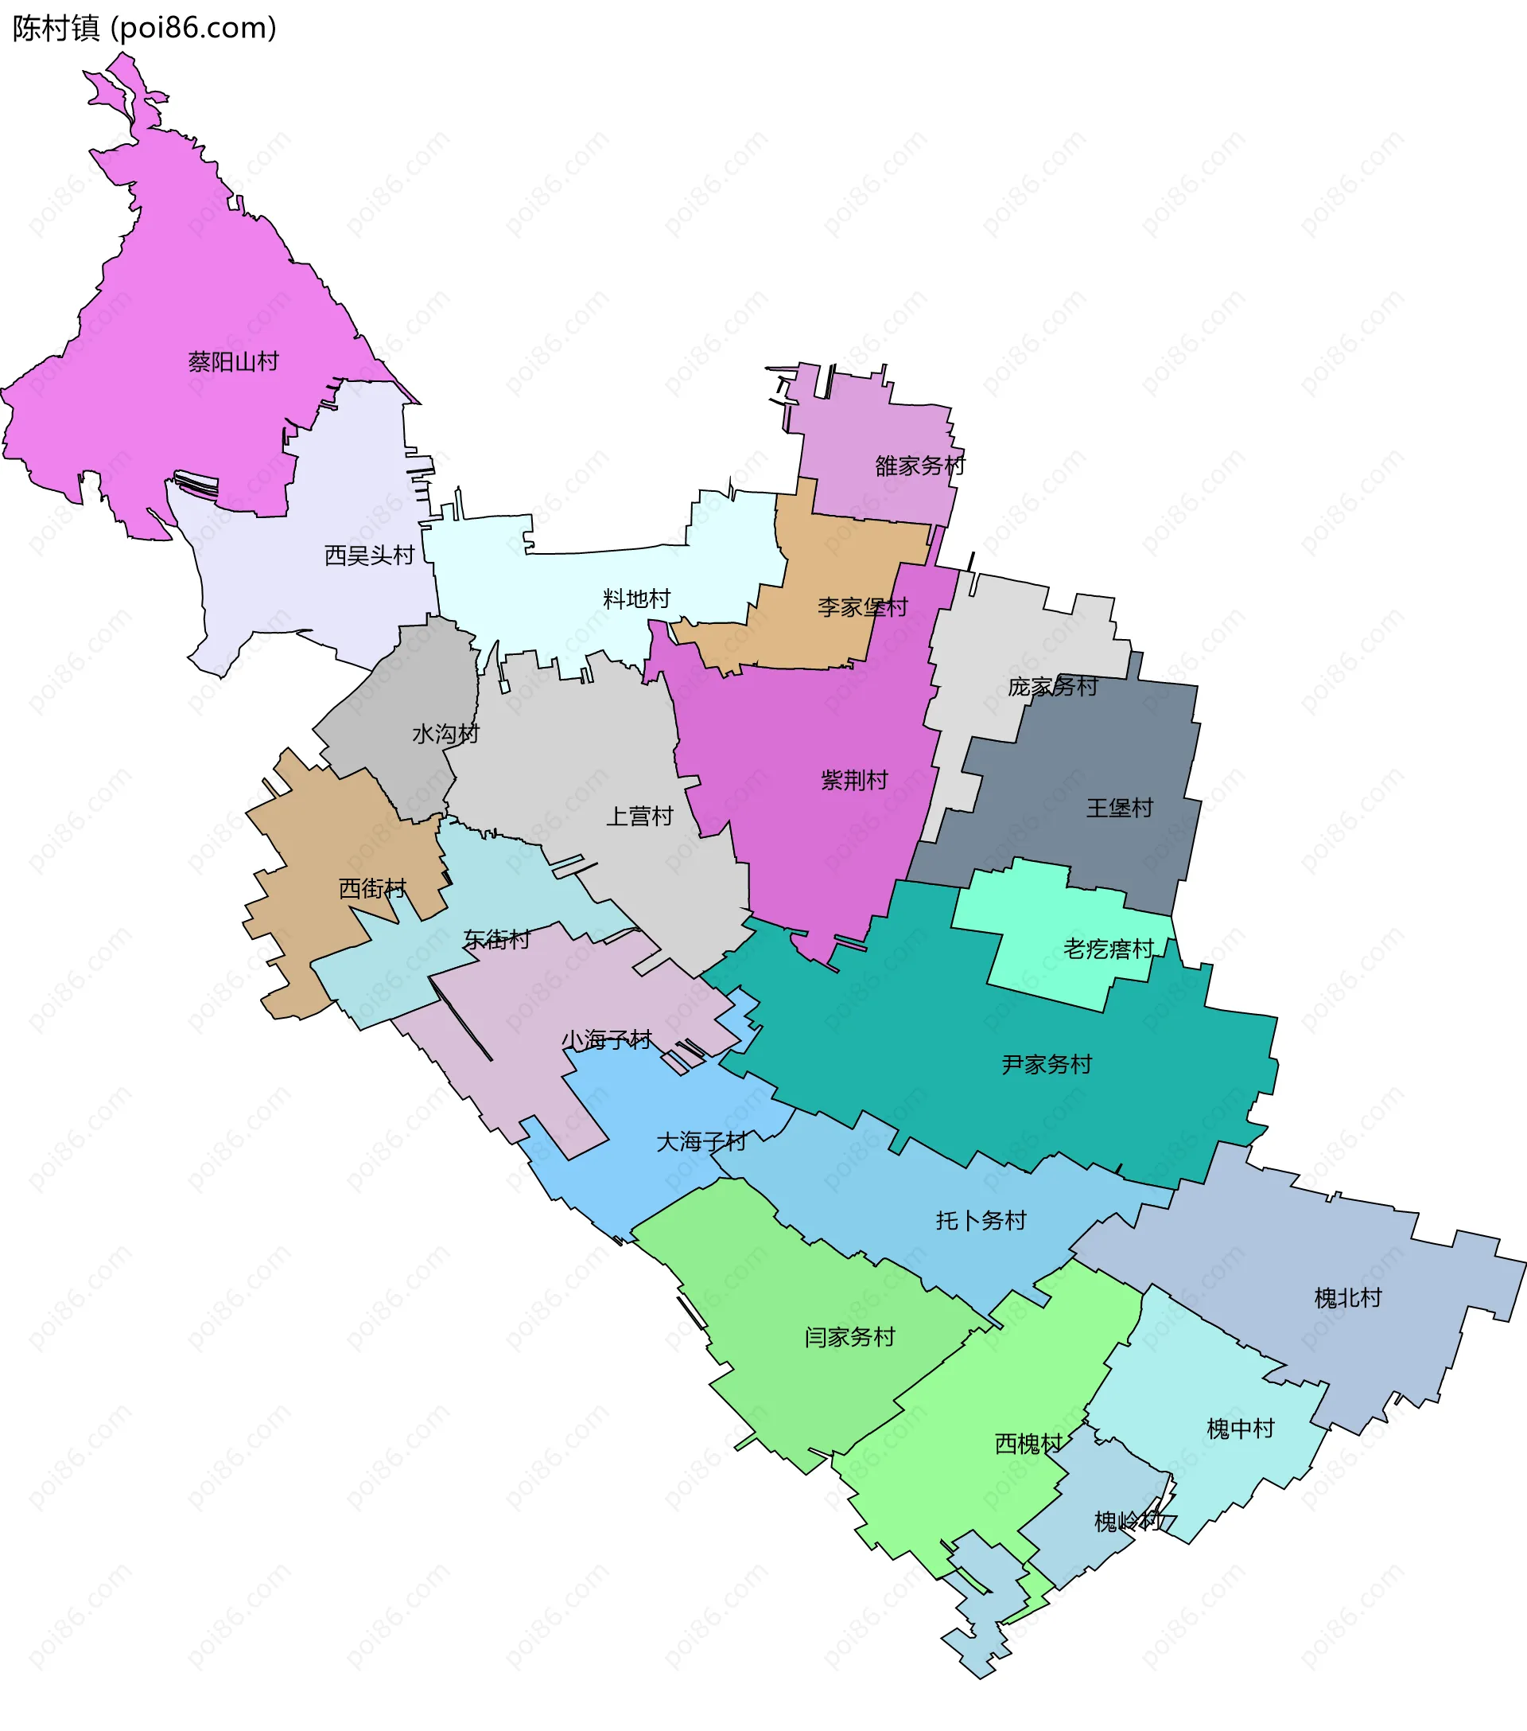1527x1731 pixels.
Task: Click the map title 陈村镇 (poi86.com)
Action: (145, 29)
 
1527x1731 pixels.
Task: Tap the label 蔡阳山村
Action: (234, 362)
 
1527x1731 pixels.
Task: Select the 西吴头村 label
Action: (370, 556)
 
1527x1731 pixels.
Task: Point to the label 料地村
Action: (636, 599)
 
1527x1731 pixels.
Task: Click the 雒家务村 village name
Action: (920, 466)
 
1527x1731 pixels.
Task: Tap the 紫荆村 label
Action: (854, 780)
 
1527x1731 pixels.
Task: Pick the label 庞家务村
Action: (1053, 687)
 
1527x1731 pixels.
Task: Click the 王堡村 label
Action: (1120, 808)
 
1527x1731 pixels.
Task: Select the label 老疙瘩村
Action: (1109, 949)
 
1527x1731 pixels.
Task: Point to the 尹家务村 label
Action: (1047, 1065)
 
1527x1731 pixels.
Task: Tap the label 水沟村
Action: (446, 735)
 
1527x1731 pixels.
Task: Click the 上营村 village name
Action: (640, 817)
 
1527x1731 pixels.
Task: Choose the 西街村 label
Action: (372, 888)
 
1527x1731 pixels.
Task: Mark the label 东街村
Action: (497, 939)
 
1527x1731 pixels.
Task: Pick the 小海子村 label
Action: (607, 1040)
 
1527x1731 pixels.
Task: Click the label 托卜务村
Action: (981, 1220)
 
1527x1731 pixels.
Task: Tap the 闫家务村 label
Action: (850, 1337)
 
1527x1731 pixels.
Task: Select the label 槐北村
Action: (1347, 1298)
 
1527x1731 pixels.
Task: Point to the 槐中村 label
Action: (1240, 1429)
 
